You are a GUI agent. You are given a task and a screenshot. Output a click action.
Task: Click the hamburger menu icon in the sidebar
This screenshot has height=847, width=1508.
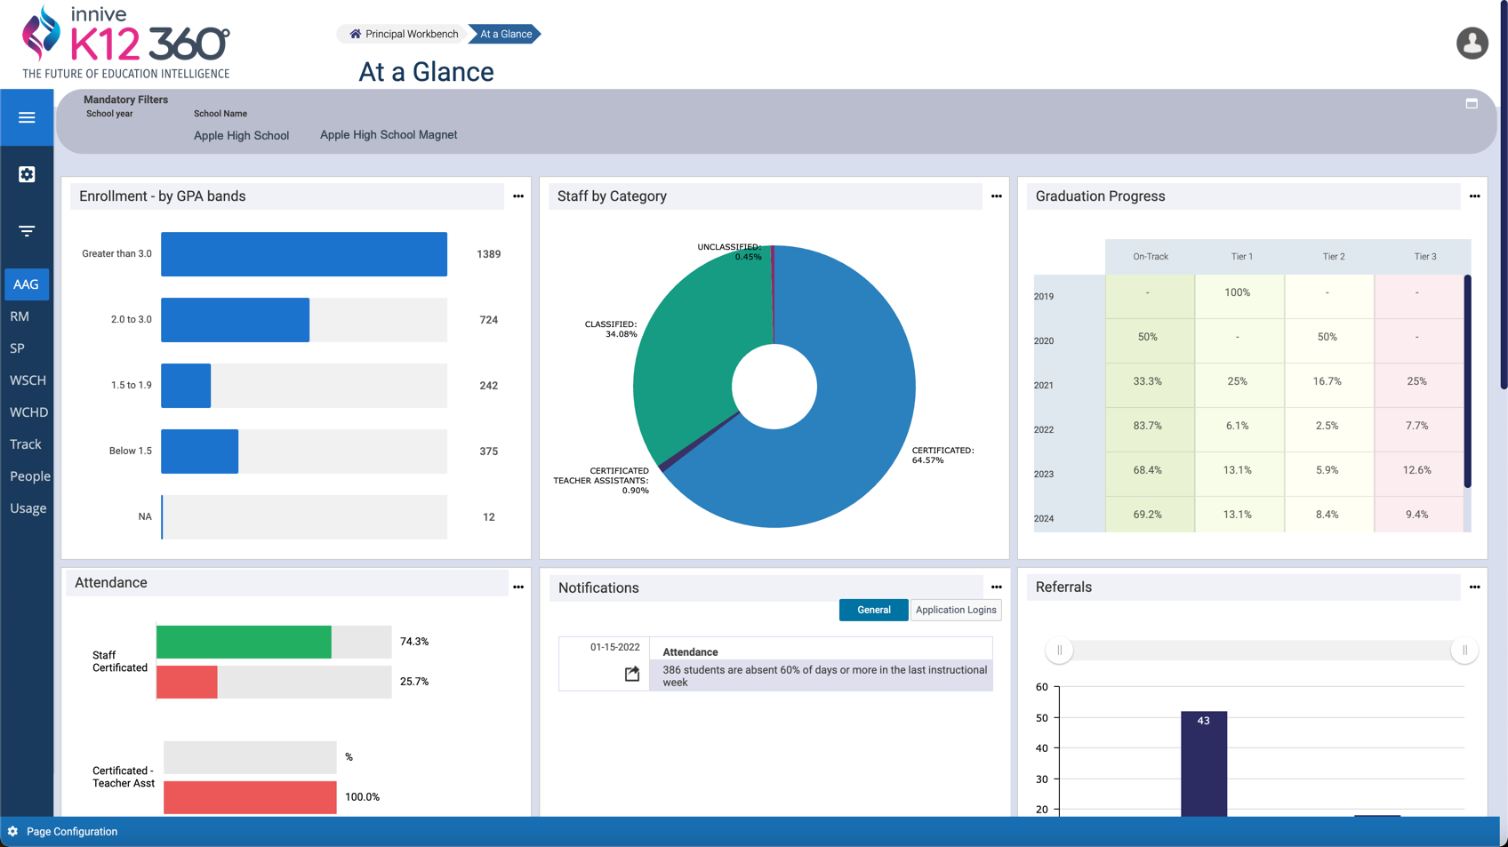pos(27,117)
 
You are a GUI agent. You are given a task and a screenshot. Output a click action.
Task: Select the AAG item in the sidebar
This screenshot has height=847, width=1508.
pos(27,284)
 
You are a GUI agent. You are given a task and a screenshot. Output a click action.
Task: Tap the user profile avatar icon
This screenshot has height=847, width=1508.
pos(1472,43)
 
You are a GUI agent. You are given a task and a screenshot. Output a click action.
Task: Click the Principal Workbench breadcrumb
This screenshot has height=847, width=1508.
pos(404,34)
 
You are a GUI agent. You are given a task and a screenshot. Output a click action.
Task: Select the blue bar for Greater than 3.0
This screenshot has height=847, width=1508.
pos(303,253)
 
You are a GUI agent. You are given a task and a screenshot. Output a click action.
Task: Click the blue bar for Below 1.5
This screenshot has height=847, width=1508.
pos(199,451)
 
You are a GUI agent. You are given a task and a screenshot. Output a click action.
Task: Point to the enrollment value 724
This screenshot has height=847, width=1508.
pos(489,320)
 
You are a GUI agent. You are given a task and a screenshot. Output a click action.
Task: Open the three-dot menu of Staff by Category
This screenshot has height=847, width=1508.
pos(997,196)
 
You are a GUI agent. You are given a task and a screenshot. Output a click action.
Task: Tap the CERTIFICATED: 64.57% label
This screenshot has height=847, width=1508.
pos(942,455)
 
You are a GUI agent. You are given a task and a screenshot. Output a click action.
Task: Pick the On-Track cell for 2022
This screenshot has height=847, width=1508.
pos(1147,425)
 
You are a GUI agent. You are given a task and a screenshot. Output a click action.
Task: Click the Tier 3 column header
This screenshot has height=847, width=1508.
pos(1424,256)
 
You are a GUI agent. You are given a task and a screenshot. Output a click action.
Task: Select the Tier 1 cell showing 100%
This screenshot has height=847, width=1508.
pos(1237,292)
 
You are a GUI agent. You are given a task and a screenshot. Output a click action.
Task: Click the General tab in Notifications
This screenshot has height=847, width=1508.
pos(873,610)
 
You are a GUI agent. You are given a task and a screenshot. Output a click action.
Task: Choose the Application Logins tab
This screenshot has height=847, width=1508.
pos(955,610)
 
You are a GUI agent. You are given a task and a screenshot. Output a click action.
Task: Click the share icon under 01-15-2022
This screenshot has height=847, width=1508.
pos(631,674)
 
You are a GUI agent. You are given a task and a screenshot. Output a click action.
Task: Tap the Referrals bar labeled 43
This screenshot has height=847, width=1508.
pos(1204,763)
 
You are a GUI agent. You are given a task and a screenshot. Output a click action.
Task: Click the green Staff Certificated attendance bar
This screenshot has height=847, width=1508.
pos(244,642)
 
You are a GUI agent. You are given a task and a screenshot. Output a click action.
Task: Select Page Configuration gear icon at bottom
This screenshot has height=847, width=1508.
pos(12,832)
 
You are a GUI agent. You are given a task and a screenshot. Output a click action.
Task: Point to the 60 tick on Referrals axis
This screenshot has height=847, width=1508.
pos(1041,687)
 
